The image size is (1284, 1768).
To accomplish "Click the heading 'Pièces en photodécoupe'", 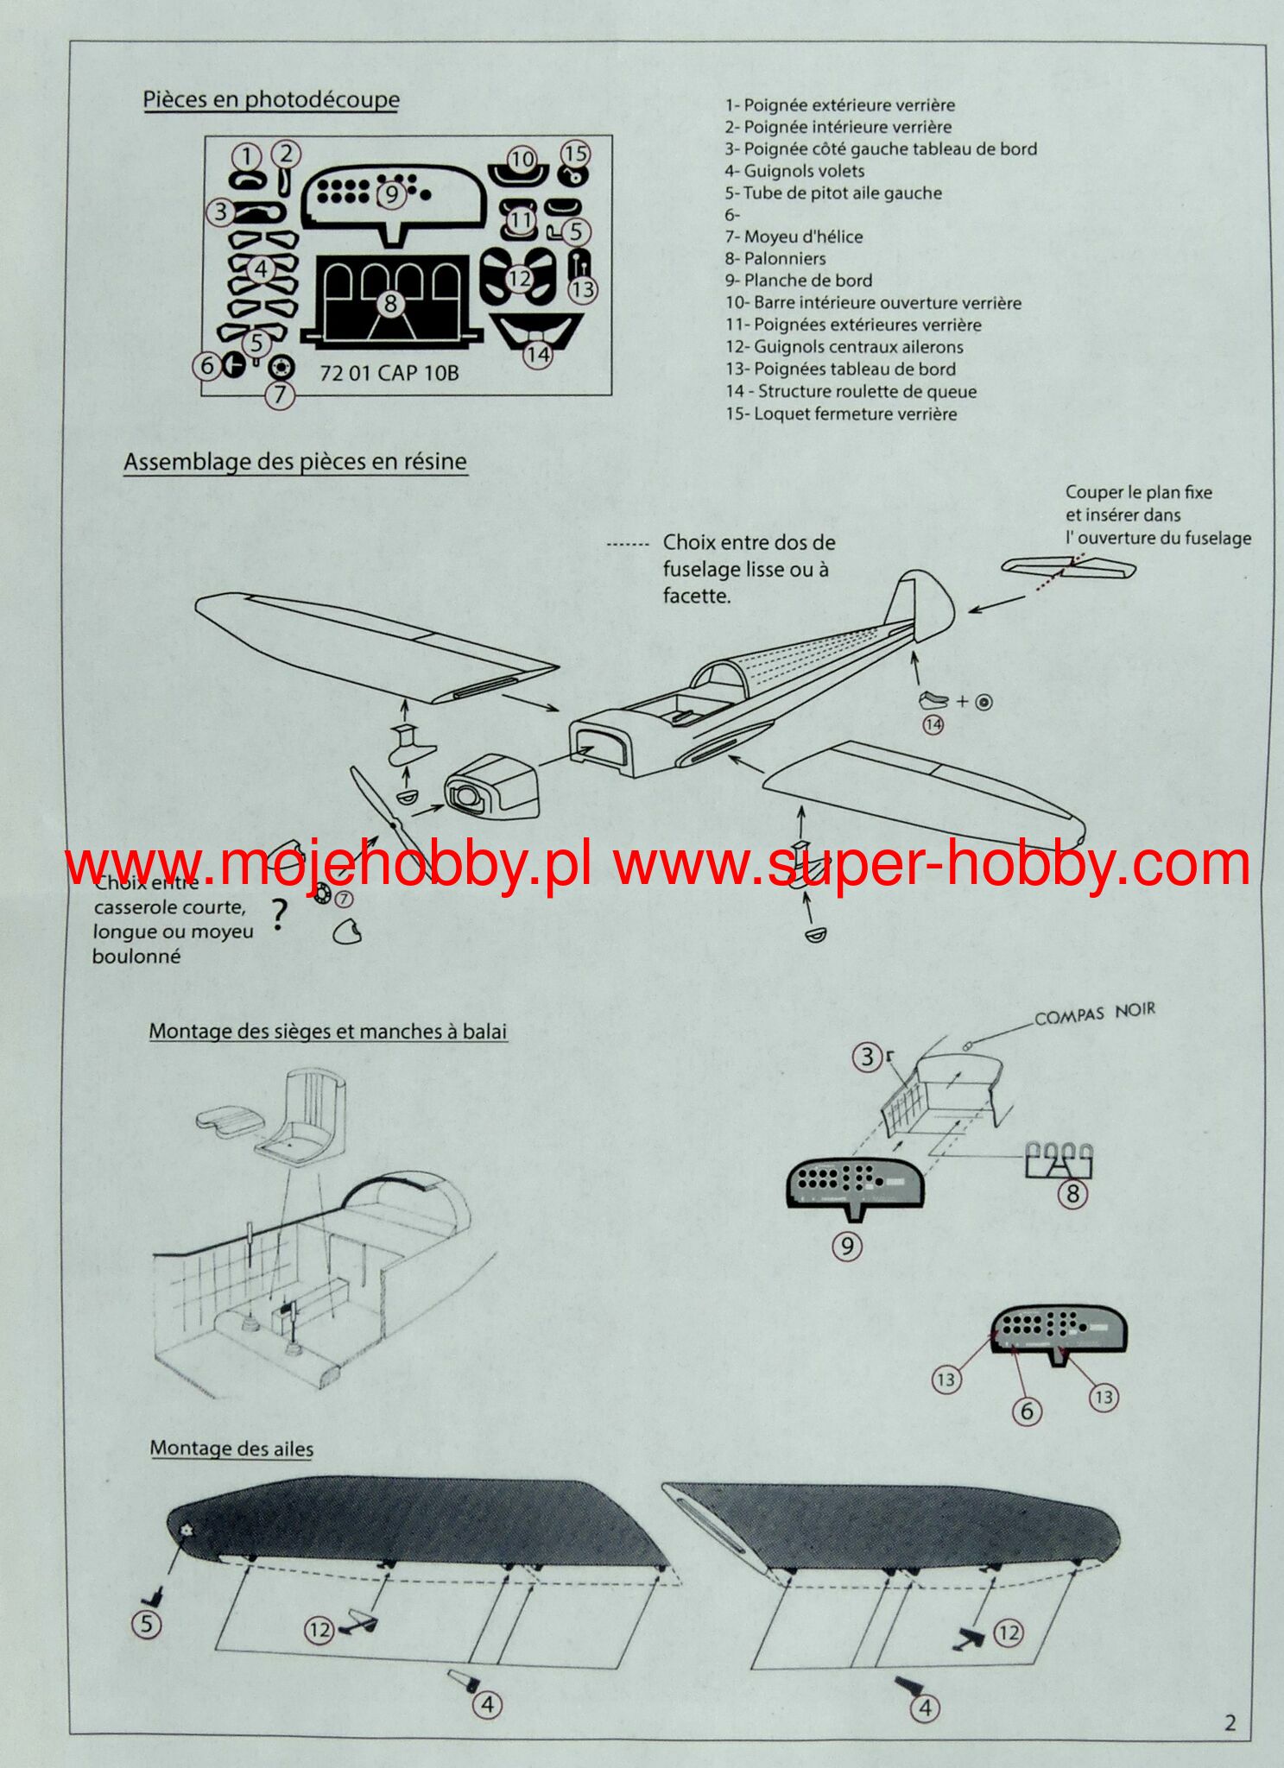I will point(271,100).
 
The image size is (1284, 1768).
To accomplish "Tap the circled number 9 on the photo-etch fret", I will point(391,194).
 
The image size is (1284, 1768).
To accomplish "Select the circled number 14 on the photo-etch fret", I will point(537,354).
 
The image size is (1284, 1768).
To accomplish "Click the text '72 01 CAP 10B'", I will point(389,373).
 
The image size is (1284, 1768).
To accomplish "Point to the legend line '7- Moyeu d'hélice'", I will point(794,237).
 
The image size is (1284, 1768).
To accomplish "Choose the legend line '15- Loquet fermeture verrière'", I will point(841,414).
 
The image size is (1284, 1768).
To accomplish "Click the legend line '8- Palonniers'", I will point(775,258).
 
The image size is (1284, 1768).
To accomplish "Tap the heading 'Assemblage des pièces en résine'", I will point(294,462).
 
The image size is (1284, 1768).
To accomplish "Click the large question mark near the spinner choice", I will point(278,914).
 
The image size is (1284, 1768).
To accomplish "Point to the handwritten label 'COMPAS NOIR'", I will point(1094,1013).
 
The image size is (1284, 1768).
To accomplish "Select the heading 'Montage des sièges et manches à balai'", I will point(327,1032).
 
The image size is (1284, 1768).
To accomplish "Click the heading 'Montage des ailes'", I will point(231,1449).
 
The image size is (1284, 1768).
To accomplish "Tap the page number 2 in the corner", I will point(1230,1724).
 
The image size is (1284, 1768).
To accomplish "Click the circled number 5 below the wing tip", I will point(146,1624).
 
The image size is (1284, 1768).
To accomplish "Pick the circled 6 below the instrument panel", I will point(1027,1411).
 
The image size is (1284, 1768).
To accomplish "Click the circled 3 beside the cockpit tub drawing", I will point(867,1057).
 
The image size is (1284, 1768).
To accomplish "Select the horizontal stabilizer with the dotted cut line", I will point(1068,567).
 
